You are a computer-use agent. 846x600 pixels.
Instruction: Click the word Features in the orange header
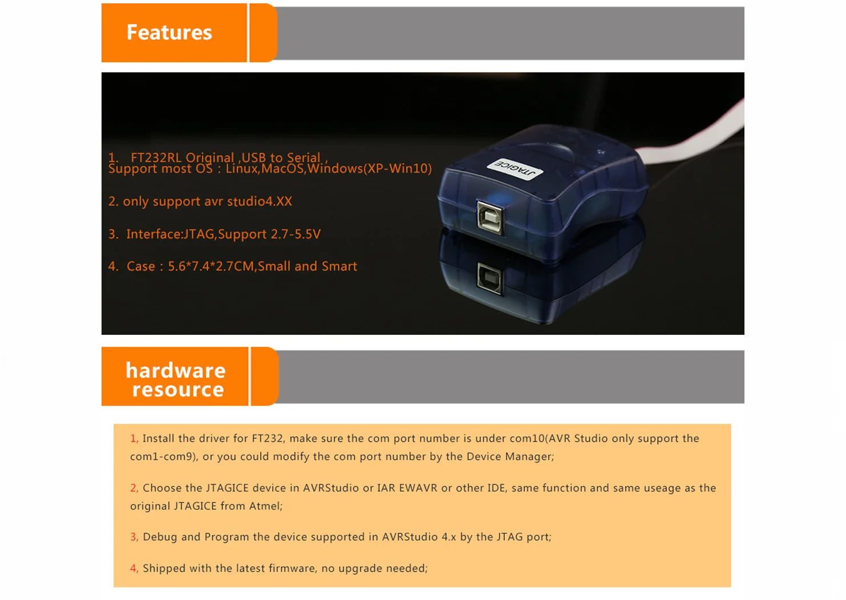click(x=169, y=33)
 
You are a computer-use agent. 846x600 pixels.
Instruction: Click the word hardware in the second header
click(x=176, y=370)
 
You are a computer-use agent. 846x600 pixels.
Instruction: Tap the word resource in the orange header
click(x=178, y=390)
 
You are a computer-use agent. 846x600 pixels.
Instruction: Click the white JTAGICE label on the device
click(x=515, y=169)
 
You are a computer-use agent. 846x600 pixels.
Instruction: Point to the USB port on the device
click(x=490, y=218)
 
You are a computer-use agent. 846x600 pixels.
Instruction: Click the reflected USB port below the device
click(x=490, y=278)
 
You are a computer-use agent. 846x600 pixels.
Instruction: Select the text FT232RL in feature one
click(x=156, y=157)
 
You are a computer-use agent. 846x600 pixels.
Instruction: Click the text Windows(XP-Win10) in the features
click(x=369, y=168)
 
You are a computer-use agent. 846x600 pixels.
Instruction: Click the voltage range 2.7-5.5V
click(x=296, y=234)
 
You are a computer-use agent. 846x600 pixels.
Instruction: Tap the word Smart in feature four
click(x=339, y=266)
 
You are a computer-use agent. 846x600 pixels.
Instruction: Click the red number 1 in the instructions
click(x=133, y=439)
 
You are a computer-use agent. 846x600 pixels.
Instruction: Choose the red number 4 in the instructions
click(x=134, y=568)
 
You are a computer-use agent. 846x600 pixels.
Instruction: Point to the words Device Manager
click(x=510, y=456)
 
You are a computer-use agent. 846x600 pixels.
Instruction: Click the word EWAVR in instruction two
click(x=418, y=488)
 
